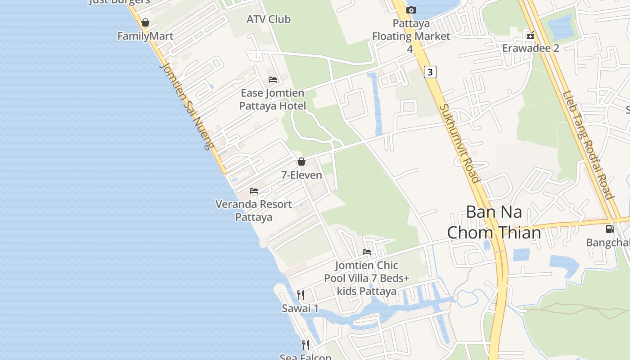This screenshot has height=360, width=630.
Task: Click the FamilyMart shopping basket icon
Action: pyautogui.click(x=145, y=22)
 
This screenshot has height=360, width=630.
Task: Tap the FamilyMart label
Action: pyautogui.click(x=145, y=36)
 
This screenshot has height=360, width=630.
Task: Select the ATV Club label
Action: pyautogui.click(x=269, y=19)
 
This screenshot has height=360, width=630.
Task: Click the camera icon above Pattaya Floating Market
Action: pyautogui.click(x=411, y=10)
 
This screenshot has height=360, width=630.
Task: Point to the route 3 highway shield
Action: pyautogui.click(x=430, y=72)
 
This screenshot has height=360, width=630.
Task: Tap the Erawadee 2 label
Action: pyautogui.click(x=531, y=48)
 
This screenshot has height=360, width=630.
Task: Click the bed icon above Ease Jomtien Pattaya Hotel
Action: pyautogui.click(x=272, y=80)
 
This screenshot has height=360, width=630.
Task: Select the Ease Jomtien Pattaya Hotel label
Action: pyautogui.click(x=273, y=99)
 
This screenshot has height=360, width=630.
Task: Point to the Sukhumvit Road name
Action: pyautogui.click(x=459, y=143)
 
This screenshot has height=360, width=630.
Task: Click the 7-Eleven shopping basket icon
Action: pyautogui.click(x=301, y=162)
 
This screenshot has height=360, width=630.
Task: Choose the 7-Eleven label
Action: pyautogui.click(x=301, y=175)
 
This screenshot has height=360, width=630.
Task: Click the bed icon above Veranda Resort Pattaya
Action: pyautogui.click(x=254, y=191)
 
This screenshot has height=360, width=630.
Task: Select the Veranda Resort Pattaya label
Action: pyautogui.click(x=254, y=210)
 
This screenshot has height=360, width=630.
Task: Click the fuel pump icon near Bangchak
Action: pyautogui.click(x=610, y=229)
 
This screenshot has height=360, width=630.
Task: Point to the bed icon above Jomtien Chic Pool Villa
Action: pyautogui.click(x=367, y=252)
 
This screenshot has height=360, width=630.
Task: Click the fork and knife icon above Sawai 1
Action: pyautogui.click(x=300, y=295)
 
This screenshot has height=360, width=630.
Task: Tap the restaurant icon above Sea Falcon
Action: pyautogui.click(x=306, y=345)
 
